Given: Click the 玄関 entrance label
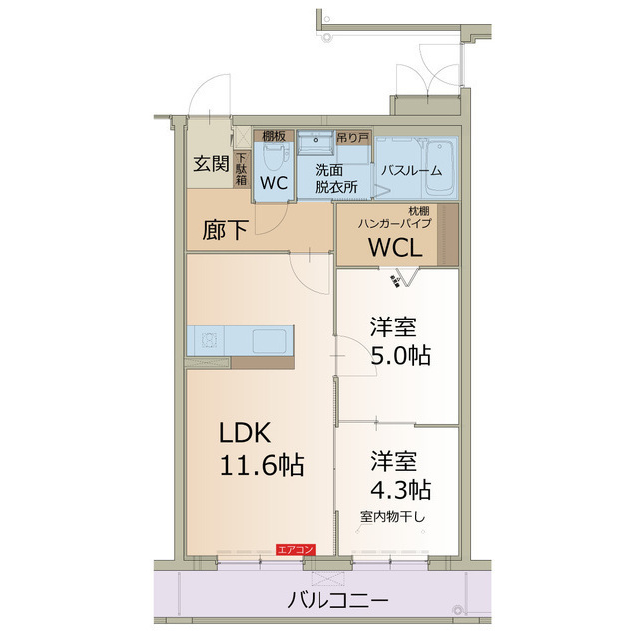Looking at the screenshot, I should click(x=211, y=164).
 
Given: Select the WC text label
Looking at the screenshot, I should click(x=274, y=184).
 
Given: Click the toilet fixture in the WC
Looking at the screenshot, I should click(x=277, y=156).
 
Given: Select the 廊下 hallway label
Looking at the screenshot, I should click(x=225, y=231).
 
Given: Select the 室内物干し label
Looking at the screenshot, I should click(x=392, y=517).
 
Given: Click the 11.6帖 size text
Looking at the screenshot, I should click(x=263, y=465).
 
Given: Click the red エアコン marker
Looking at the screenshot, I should click(x=297, y=549).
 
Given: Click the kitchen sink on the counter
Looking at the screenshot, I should click(x=270, y=340).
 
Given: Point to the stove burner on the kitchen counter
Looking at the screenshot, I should click(x=210, y=340).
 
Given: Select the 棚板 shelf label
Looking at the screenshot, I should click(x=274, y=136).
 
